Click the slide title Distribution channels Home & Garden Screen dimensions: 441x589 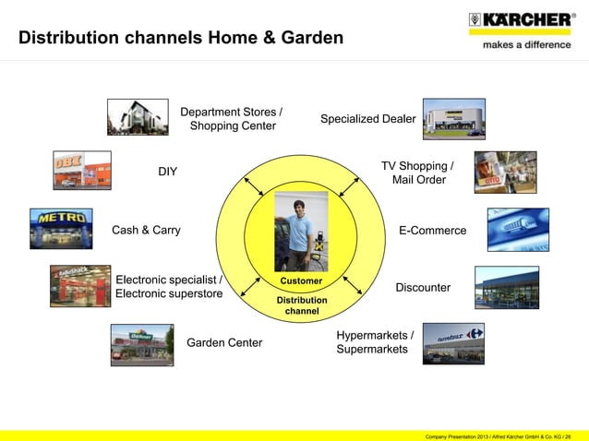pyautogui.click(x=181, y=39)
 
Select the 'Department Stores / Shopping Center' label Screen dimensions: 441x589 pyautogui.click(x=232, y=119)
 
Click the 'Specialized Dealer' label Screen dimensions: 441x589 pyautogui.click(x=367, y=119)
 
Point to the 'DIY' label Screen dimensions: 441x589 pyautogui.click(x=167, y=172)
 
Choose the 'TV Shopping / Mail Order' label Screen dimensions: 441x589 pyautogui.click(x=418, y=173)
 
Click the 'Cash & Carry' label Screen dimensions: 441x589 pyautogui.click(x=146, y=230)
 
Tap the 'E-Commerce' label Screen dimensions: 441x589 pyautogui.click(x=432, y=230)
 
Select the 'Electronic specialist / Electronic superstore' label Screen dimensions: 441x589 pyautogui.click(x=169, y=286)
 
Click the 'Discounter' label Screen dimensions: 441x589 pyautogui.click(x=423, y=288)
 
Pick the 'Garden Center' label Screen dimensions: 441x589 pyautogui.click(x=224, y=343)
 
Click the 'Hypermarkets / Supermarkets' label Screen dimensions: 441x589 pyautogui.click(x=374, y=341)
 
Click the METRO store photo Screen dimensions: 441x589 pyautogui.click(x=61, y=228)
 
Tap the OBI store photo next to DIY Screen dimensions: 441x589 pyautogui.click(x=81, y=171)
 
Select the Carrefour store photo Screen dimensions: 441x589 pyautogui.click(x=453, y=343)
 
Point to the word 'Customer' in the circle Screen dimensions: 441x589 pyautogui.click(x=301, y=280)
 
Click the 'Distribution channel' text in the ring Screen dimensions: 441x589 pyautogui.click(x=301, y=306)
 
